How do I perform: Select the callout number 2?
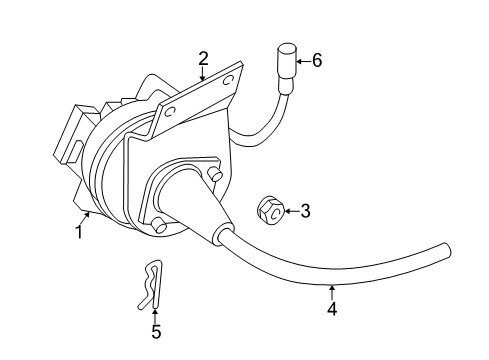[203, 58]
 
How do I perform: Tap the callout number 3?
[305, 211]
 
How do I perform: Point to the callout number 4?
[331, 309]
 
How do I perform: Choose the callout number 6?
[317, 60]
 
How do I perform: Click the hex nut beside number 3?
[269, 210]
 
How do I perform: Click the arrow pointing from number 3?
[291, 211]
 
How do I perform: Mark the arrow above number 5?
[155, 313]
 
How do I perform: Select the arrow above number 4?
[331, 292]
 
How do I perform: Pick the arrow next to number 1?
[87, 218]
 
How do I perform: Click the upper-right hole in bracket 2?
[236, 78]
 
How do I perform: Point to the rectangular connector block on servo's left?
[72, 136]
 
